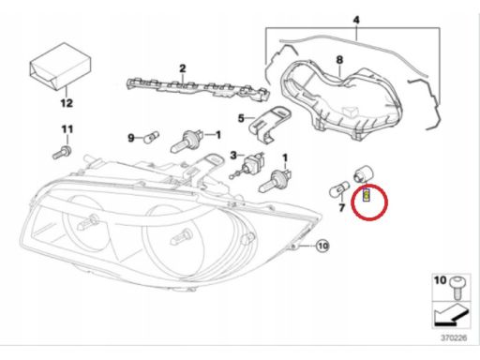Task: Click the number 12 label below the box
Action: click(x=67, y=103)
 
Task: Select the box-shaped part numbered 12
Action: click(x=60, y=67)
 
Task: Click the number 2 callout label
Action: click(x=183, y=68)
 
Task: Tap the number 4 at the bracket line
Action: click(x=356, y=20)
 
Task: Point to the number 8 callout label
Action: click(x=339, y=60)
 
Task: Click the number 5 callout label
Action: click(x=241, y=118)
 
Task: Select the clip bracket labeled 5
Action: click(x=271, y=124)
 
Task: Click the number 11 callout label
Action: click(x=67, y=128)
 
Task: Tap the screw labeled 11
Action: click(x=62, y=152)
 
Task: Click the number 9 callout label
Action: click(x=131, y=138)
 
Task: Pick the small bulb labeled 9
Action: click(x=151, y=137)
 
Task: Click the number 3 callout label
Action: click(x=233, y=155)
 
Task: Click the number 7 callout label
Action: click(x=341, y=207)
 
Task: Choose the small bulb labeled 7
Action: click(x=339, y=190)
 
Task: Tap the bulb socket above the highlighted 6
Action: click(x=363, y=174)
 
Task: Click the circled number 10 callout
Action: click(x=322, y=246)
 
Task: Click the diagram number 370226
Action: click(x=454, y=337)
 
